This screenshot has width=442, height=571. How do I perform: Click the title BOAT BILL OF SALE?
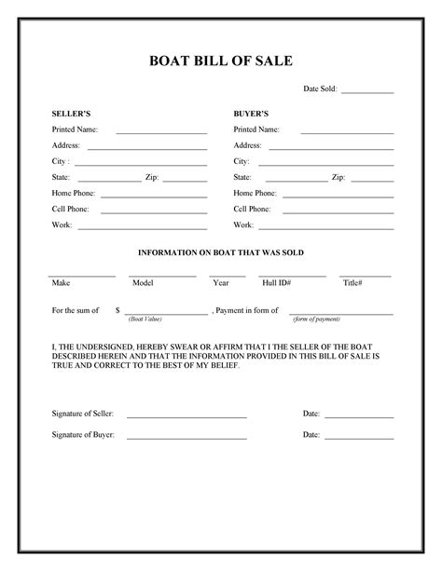click(221, 61)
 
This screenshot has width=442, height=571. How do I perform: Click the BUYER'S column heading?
click(251, 112)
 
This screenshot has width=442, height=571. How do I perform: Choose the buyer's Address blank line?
click(331, 148)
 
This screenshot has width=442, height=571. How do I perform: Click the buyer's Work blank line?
click(325, 227)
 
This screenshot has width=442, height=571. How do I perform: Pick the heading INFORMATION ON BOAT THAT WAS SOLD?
click(221, 252)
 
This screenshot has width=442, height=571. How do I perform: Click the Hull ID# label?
click(277, 282)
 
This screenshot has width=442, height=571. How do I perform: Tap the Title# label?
click(352, 282)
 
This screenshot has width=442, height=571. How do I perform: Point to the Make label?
click(61, 282)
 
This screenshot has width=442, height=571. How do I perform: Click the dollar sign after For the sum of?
click(117, 308)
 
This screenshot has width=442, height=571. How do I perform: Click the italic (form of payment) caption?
click(316, 319)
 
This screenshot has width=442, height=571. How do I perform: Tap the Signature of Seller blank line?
click(186, 415)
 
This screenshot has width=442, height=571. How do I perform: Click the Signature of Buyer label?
click(83, 435)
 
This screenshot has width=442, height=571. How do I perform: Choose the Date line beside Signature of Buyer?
click(359, 438)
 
